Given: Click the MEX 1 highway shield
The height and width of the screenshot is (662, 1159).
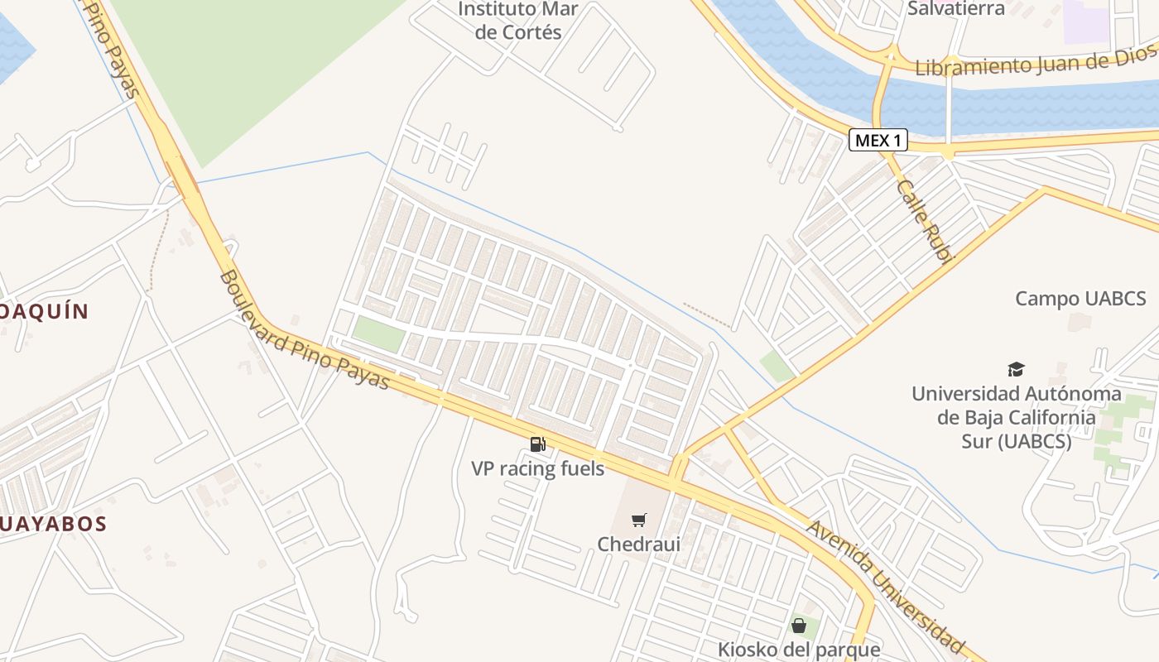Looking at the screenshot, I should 878,141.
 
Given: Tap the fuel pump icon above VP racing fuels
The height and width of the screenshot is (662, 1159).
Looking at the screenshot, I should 538,444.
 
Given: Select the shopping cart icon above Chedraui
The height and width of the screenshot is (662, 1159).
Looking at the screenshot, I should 638,520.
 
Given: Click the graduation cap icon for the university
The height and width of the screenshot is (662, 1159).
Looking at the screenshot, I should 1016,369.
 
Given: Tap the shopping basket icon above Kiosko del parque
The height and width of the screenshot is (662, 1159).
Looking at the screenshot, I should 799,626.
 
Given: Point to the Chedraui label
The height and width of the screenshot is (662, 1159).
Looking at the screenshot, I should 638,544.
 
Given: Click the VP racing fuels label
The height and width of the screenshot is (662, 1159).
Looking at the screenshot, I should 538,468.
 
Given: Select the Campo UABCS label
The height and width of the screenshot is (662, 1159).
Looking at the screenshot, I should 1080,299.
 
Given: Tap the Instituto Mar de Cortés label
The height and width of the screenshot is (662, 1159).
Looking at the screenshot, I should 517,21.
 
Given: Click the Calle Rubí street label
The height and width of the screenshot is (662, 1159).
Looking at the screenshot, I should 926,219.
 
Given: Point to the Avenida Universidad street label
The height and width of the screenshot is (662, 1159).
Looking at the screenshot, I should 886,586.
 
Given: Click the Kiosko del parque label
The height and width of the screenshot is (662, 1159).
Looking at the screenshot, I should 799,650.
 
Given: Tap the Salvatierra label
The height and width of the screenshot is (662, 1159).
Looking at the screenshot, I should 955,9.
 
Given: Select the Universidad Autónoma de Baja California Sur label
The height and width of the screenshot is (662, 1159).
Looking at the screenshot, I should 1016,417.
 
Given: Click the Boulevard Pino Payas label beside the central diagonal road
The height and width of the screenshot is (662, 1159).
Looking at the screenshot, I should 305,329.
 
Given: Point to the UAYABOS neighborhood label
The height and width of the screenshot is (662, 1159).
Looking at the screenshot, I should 54,524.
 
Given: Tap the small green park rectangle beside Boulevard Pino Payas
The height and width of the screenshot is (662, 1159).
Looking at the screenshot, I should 378,333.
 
